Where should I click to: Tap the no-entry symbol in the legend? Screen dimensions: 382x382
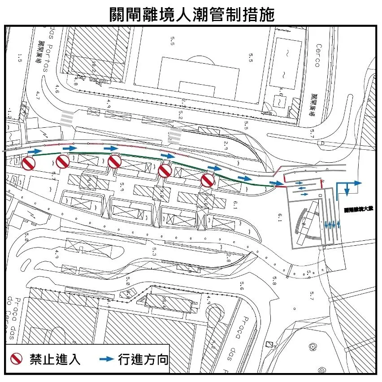click(x=17, y=359)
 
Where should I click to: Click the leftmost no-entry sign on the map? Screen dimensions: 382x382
click(x=28, y=164)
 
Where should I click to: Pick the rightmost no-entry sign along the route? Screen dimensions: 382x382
click(x=207, y=181)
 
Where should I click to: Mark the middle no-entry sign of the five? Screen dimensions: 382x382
click(x=115, y=162)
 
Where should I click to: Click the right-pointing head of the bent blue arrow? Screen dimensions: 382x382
click(x=357, y=183)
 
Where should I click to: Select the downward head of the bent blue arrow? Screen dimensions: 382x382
click(x=347, y=192)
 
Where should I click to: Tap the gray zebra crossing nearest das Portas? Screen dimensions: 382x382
click(x=67, y=118)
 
